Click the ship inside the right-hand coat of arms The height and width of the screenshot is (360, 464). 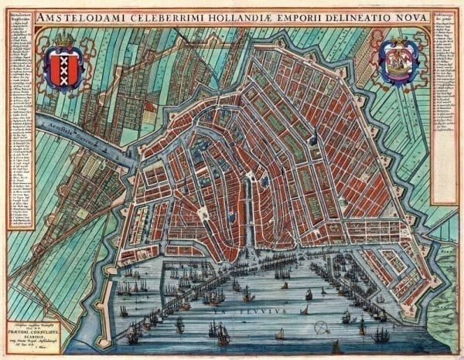(399, 65)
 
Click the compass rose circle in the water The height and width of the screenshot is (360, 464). (303, 310)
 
